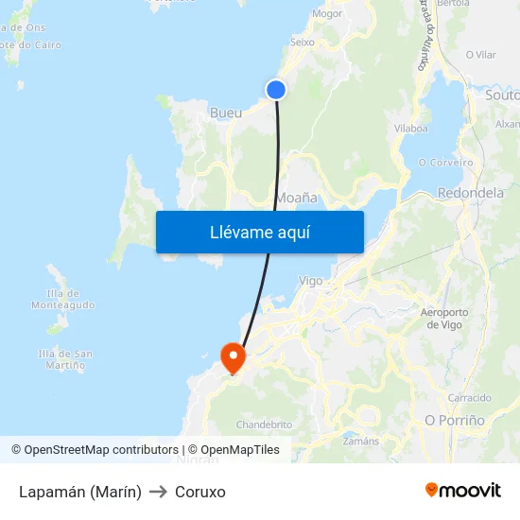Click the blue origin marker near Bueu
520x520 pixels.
pyautogui.click(x=276, y=90)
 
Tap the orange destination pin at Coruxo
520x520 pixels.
pyautogui.click(x=233, y=356)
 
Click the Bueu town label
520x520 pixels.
pyautogui.click(x=226, y=113)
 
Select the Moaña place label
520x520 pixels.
pyautogui.click(x=296, y=198)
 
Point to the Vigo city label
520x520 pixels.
pyautogui.click(x=310, y=281)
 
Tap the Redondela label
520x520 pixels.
pyautogui.click(x=471, y=193)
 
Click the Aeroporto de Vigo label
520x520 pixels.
pyautogui.click(x=442, y=319)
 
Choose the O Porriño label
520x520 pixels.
pyautogui.click(x=455, y=420)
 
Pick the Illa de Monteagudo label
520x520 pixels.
pyautogui.click(x=62, y=299)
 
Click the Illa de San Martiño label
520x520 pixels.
pyautogui.click(x=65, y=359)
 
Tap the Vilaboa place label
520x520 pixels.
pyautogui.click(x=411, y=128)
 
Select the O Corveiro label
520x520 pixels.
pyautogui.click(x=445, y=163)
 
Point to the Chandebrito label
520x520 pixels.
pyautogui.click(x=264, y=425)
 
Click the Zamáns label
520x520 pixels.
pyautogui.click(x=361, y=441)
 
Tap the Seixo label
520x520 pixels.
pyautogui.click(x=303, y=42)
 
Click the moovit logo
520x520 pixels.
pyautogui.click(x=463, y=490)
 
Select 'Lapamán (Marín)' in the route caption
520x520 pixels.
pyautogui.click(x=80, y=492)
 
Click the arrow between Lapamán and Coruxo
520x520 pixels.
pyautogui.click(x=158, y=492)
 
